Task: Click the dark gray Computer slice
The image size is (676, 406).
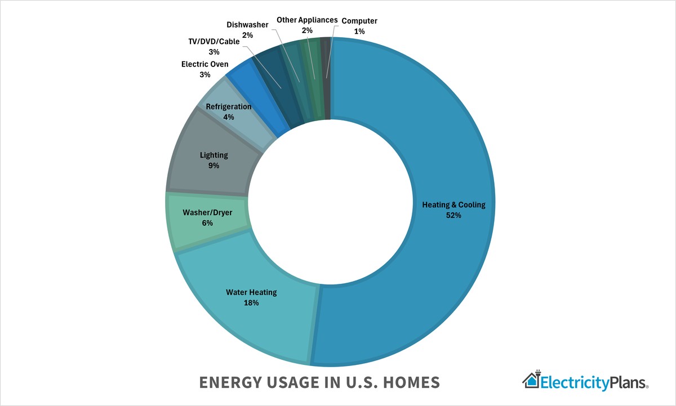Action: tap(326, 79)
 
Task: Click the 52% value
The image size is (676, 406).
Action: tap(453, 215)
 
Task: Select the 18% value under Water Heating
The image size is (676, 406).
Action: tap(251, 303)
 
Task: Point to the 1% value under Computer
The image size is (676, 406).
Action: tap(359, 32)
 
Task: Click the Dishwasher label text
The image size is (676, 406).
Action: tap(248, 25)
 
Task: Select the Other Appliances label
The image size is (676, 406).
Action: tap(307, 20)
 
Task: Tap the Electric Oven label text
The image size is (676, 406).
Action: tap(205, 64)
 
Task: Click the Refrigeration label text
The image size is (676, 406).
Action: tap(229, 106)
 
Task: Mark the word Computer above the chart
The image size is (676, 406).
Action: tap(359, 21)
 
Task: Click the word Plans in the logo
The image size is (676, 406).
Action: tap(628, 383)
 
